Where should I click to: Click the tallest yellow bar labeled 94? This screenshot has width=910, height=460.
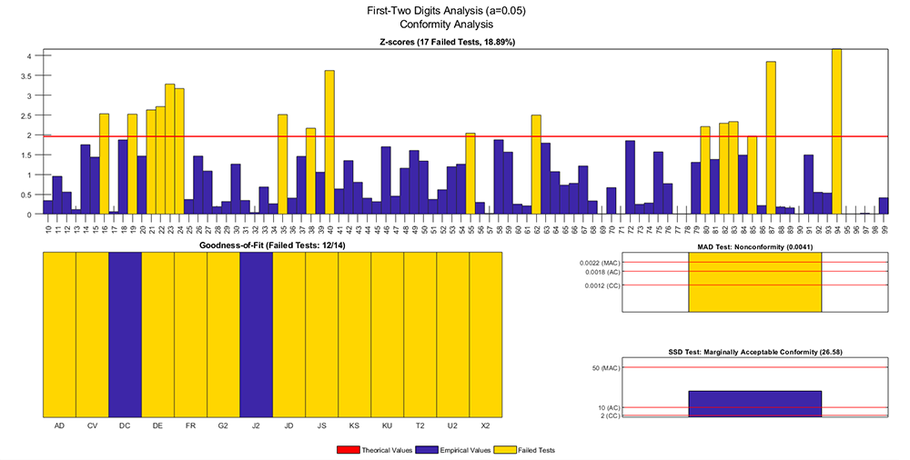(x=836, y=132)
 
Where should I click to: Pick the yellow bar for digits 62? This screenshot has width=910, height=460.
(x=536, y=165)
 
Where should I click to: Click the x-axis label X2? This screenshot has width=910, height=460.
(x=485, y=425)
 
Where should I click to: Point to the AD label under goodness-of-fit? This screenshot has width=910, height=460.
(x=59, y=425)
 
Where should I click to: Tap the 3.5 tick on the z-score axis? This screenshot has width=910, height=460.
(x=28, y=75)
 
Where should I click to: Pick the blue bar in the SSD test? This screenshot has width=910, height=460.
(x=755, y=404)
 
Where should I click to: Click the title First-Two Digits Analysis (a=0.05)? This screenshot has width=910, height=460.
(x=455, y=11)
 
